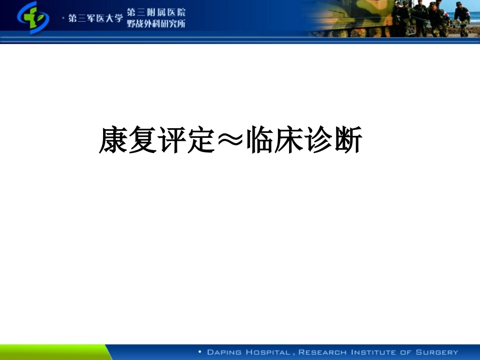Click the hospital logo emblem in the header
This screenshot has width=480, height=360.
pos(33,18)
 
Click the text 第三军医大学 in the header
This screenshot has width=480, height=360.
pos(95,18)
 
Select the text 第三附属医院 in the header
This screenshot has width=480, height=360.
pos(156,12)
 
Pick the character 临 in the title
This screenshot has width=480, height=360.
pos(261,140)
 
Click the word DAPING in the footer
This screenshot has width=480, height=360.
pos(224,352)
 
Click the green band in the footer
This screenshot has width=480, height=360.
pos(51,352)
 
